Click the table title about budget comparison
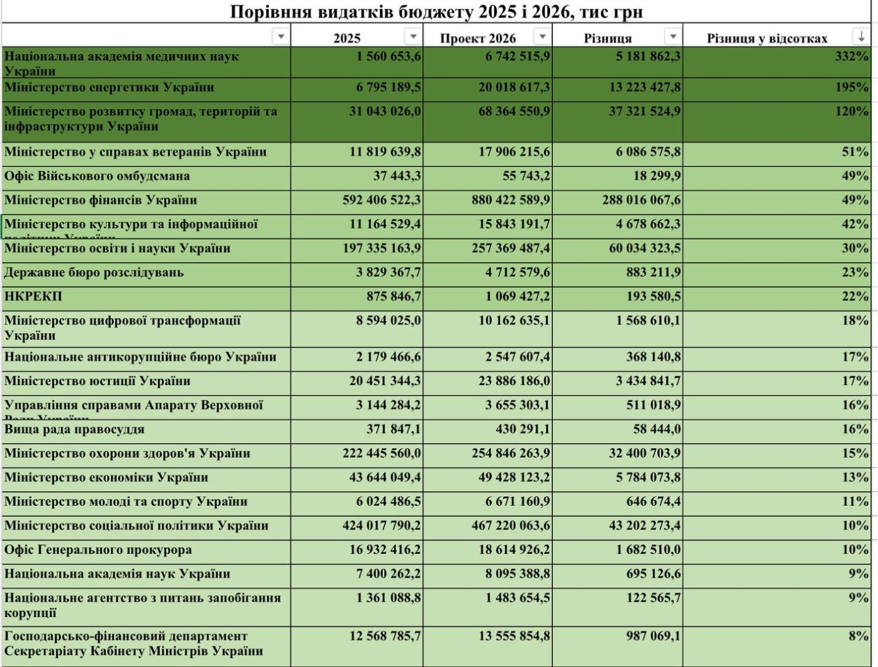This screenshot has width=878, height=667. [x=436, y=12]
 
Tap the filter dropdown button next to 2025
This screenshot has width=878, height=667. [x=413, y=36]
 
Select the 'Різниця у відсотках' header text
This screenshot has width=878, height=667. [x=767, y=38]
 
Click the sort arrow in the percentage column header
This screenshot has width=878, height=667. [x=861, y=36]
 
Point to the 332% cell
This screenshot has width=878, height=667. [x=852, y=56]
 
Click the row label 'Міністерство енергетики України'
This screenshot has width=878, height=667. [x=109, y=88]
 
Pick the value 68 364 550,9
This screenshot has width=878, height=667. [x=514, y=111]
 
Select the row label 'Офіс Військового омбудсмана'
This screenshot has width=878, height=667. [x=97, y=176]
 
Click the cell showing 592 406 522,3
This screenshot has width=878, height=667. [x=381, y=200]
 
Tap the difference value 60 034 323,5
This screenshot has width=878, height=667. [x=645, y=248]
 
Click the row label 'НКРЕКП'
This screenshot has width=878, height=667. [x=33, y=297]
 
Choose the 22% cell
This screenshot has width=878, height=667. [x=855, y=297]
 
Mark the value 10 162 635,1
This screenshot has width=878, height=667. [x=514, y=321]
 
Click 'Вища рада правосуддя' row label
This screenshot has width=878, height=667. [x=74, y=429]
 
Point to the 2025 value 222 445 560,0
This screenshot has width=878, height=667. [x=381, y=454]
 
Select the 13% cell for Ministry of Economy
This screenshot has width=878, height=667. [x=855, y=477]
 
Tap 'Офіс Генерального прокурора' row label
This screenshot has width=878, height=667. [x=98, y=550]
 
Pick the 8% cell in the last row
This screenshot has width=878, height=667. [x=859, y=636]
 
